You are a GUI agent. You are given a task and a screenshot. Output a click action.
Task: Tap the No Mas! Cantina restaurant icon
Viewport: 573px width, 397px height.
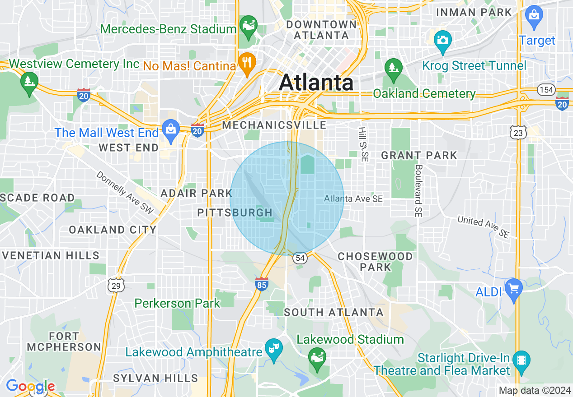tap(247, 61)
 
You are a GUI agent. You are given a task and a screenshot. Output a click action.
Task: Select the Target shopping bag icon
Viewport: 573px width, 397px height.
tap(534, 14)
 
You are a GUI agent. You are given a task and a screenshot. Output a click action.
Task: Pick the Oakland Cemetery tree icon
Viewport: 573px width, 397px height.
tap(393, 68)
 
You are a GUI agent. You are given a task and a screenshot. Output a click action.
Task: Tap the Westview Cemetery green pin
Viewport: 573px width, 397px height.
tap(29, 82)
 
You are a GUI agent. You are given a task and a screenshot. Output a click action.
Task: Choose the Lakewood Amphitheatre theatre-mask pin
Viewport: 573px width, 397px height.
tap(273, 348)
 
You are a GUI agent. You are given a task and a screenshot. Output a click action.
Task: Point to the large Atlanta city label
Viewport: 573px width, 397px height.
tap(316, 83)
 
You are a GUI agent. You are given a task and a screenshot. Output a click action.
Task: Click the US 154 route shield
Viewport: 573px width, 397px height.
tap(546, 90)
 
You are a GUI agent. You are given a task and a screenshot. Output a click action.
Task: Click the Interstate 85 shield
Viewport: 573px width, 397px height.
tap(261, 283)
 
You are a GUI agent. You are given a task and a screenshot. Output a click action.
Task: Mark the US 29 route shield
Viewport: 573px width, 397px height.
tap(116, 285)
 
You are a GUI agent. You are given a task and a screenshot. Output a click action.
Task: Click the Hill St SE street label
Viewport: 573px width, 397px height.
tap(363, 144)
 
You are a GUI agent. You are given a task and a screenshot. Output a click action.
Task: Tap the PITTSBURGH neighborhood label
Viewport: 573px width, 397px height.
tap(235, 212)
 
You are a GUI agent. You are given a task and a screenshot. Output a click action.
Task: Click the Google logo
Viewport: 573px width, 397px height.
tap(30, 386)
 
